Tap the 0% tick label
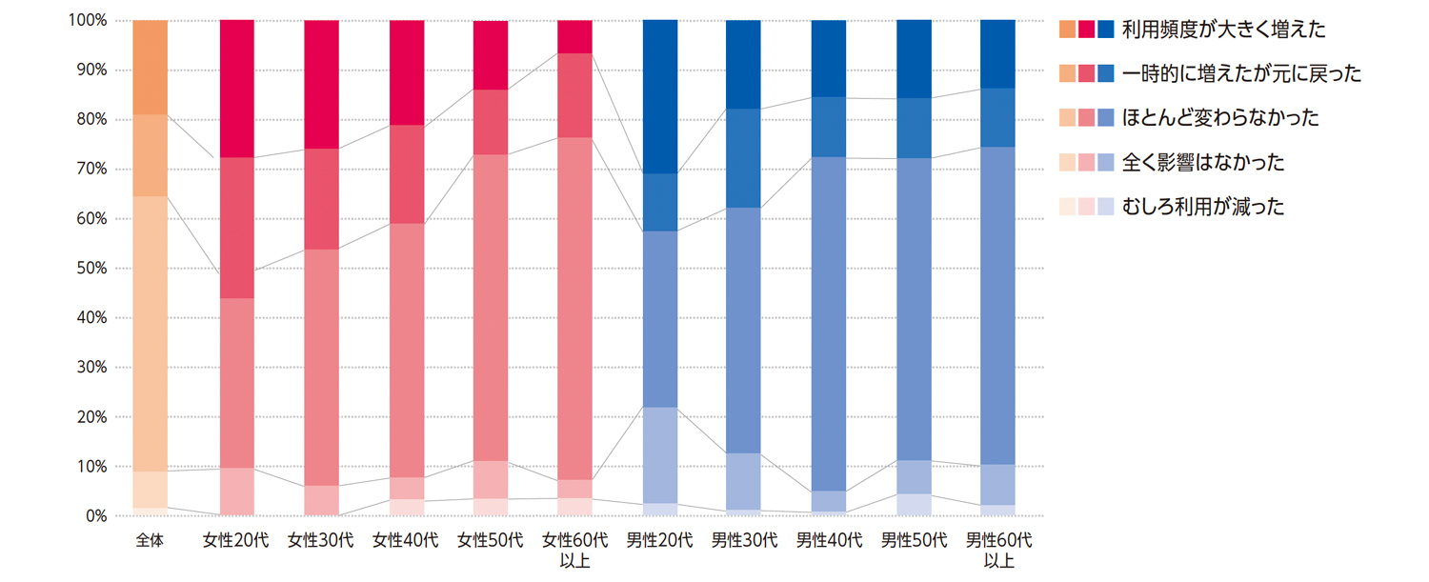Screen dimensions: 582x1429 pyautogui.click(x=96, y=516)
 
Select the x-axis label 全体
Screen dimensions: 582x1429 pyautogui.click(x=151, y=541)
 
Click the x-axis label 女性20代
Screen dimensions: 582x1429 pyautogui.click(x=236, y=541)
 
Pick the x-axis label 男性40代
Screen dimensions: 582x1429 pyautogui.click(x=829, y=541)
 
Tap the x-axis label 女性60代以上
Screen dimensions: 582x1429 pyautogui.click(x=574, y=550)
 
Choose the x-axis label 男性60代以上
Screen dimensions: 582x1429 pyautogui.click(x=997, y=550)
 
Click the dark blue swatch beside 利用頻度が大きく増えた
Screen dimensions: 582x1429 pyautogui.click(x=1105, y=30)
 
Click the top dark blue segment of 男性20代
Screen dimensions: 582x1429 pyautogui.click(x=659, y=96)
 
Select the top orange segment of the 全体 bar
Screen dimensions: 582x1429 pyautogui.click(x=151, y=67)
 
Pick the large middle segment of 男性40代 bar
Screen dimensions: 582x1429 pyautogui.click(x=829, y=324)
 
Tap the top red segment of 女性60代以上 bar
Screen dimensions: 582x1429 pyautogui.click(x=574, y=36)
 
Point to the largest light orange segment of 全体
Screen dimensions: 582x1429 pyautogui.click(x=151, y=333)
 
